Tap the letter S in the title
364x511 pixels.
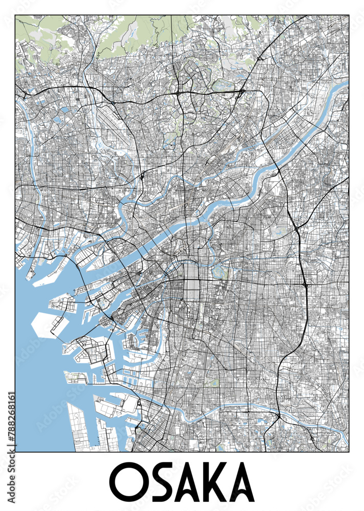[x=162, y=482]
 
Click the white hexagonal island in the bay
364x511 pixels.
[x=47, y=325]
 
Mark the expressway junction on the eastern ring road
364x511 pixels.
[x=305, y=282]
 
